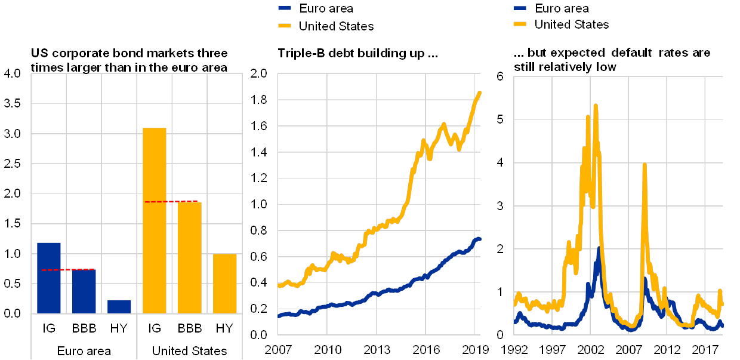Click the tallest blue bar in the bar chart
click(49, 278)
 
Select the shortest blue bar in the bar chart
click(119, 306)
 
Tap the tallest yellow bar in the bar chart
click(155, 220)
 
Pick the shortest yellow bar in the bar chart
click(225, 283)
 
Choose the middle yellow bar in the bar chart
click(190, 257)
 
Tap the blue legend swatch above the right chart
click(520, 8)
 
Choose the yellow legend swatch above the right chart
click(520, 24)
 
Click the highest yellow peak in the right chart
click(596, 106)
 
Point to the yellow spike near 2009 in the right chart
click(645, 165)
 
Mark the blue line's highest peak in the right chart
click(598, 249)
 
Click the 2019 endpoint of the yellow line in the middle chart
click(479, 93)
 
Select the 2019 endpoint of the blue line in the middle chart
click(479, 239)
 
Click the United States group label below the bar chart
click(190, 351)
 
